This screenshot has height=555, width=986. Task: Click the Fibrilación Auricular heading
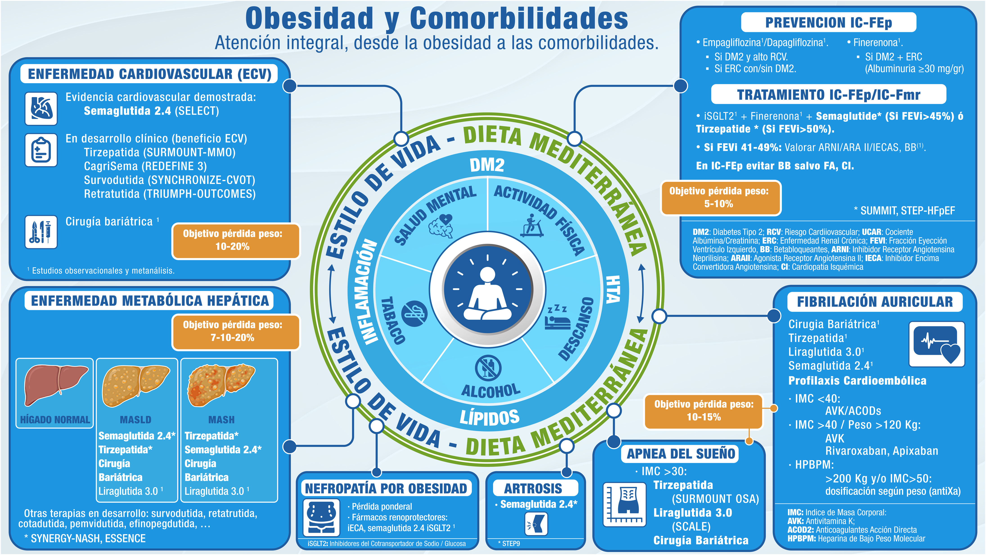pos(875,302)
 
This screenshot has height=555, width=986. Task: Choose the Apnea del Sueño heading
pos(681,454)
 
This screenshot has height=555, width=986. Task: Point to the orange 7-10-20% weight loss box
pos(232,331)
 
